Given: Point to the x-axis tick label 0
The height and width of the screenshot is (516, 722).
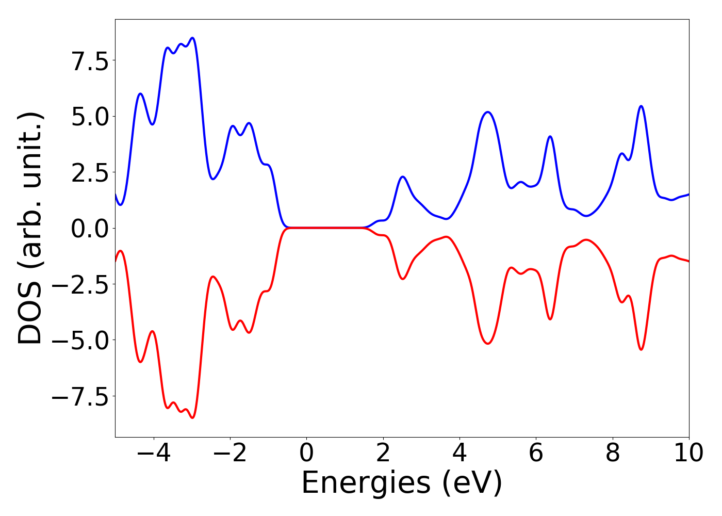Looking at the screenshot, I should [x=306, y=454].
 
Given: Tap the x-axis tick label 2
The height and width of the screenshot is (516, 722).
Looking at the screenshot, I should [x=383, y=454].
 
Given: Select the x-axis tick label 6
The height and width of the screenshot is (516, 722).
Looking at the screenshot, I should [x=536, y=454].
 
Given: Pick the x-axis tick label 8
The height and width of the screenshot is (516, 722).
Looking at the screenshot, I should [x=612, y=454].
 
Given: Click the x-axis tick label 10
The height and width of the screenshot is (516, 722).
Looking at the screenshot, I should [x=688, y=454].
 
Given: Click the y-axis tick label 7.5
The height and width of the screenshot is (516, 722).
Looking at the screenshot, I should [x=90, y=61].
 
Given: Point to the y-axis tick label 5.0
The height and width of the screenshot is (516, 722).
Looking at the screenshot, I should [x=90, y=117].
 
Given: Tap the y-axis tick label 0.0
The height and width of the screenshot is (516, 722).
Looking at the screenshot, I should [x=90, y=229].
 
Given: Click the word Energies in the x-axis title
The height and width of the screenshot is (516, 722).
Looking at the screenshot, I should [x=366, y=483].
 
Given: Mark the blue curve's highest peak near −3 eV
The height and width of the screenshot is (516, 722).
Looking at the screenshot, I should [x=192, y=38].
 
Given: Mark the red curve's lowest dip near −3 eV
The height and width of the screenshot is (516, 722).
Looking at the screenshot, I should [x=192, y=417].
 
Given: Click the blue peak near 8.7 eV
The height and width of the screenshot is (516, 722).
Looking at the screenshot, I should [x=641, y=106].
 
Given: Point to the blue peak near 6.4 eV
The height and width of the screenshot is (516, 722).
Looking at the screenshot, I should [x=550, y=136].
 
